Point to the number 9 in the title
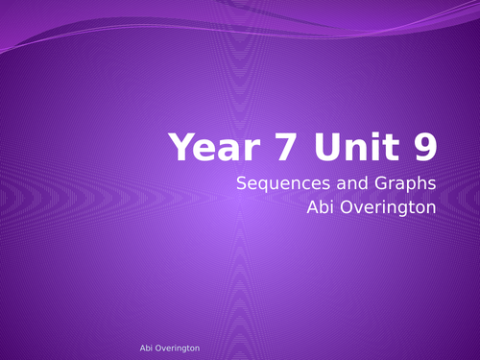pyautogui.click(x=423, y=147)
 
